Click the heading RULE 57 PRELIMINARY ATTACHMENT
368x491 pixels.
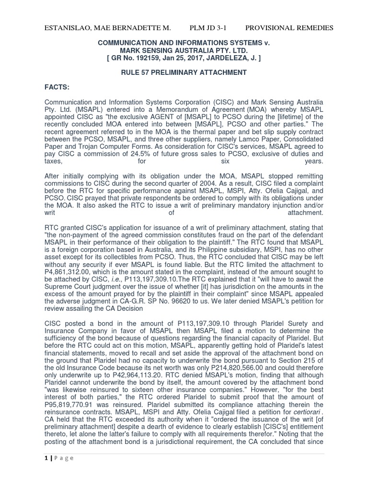pyautogui.click(x=184, y=72)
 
